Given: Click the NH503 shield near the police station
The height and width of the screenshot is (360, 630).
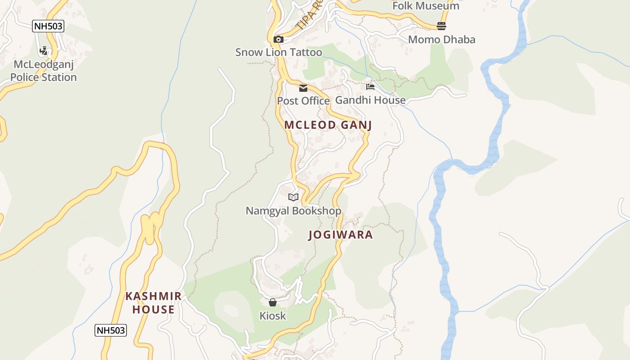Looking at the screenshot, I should click(49, 26).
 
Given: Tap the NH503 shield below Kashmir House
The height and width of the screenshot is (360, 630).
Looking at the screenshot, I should click(111, 330).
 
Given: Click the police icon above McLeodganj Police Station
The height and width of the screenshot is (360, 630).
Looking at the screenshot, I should click(44, 51).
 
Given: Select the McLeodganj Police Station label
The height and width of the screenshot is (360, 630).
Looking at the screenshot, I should click(44, 71).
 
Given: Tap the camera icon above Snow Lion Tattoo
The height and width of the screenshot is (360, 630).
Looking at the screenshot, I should click(279, 39).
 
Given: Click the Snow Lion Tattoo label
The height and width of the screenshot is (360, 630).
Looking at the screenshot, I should click(279, 52).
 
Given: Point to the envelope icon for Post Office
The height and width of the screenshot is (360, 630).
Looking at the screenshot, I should click(303, 88).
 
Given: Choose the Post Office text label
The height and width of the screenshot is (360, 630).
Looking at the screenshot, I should click(303, 101).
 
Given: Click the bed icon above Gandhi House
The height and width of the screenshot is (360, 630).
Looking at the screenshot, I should click(370, 86).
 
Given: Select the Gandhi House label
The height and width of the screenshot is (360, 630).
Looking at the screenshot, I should click(370, 100).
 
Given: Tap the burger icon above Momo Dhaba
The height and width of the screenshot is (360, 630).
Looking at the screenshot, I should click(441, 26).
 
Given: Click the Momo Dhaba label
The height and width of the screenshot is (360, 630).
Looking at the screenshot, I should click(441, 40).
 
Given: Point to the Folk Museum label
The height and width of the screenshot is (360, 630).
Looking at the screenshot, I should click(426, 6).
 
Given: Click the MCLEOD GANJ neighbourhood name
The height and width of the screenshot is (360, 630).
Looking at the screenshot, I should click(328, 125).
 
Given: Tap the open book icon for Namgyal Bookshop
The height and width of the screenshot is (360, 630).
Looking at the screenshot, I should click(293, 197).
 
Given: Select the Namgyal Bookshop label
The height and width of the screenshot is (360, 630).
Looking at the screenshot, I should click(293, 211).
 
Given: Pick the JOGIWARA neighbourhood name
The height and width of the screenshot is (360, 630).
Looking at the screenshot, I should click(341, 235).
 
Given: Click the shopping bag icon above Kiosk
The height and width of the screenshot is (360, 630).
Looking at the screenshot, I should click(273, 302).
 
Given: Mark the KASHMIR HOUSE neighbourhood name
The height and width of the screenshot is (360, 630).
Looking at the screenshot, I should click(153, 303).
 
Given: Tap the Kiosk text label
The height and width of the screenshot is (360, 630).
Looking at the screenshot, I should click(273, 316).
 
